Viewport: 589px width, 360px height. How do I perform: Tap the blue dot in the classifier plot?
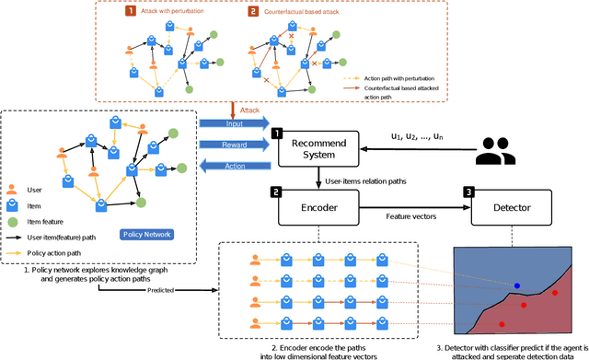[516, 285]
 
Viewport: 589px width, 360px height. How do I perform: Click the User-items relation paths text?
[360, 182]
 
